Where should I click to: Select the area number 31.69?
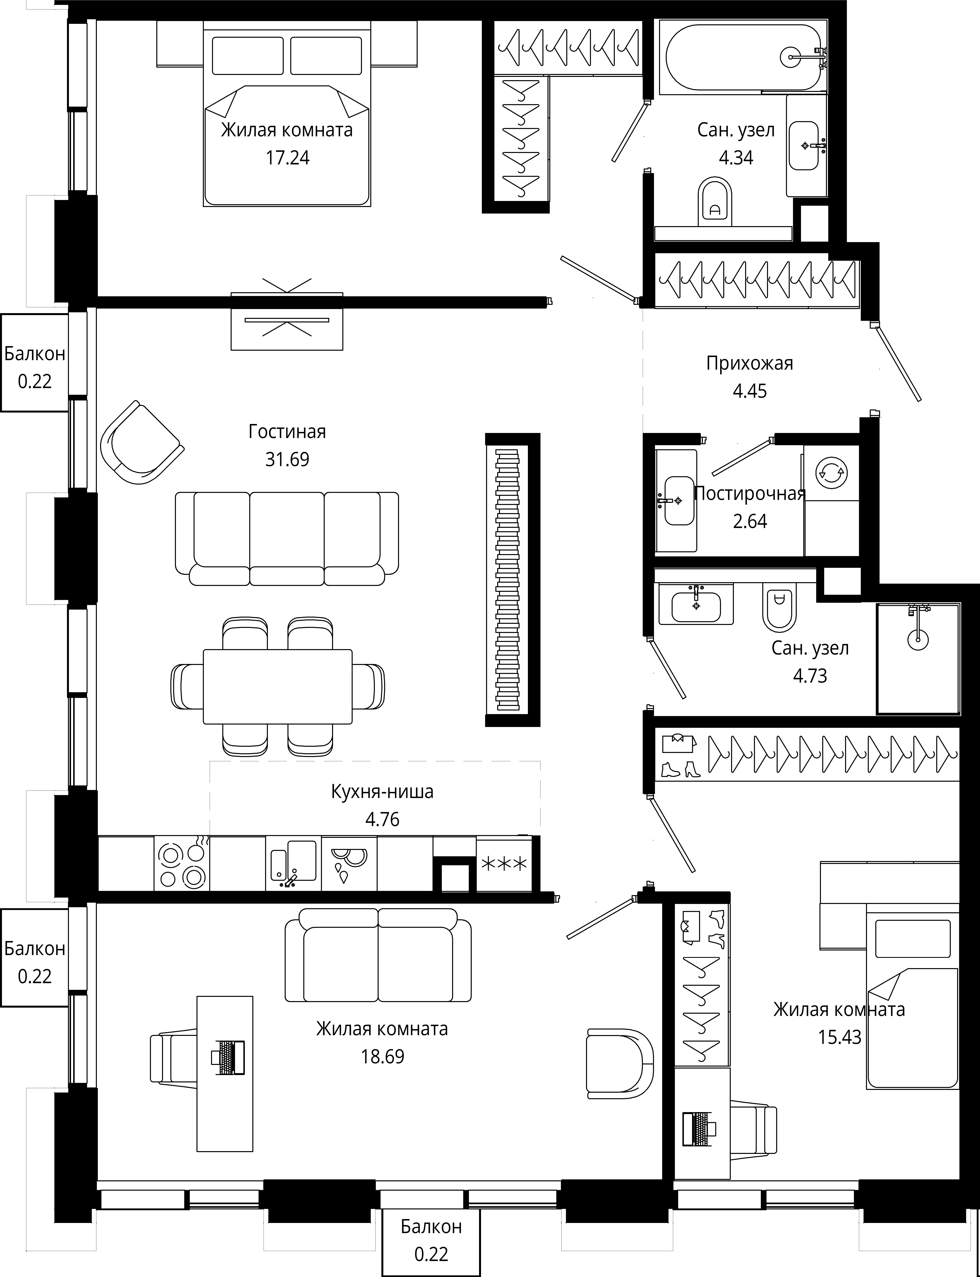point(287,459)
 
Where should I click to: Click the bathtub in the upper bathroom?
point(744,57)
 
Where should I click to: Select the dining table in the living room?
point(278,686)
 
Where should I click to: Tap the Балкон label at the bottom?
point(431,1226)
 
